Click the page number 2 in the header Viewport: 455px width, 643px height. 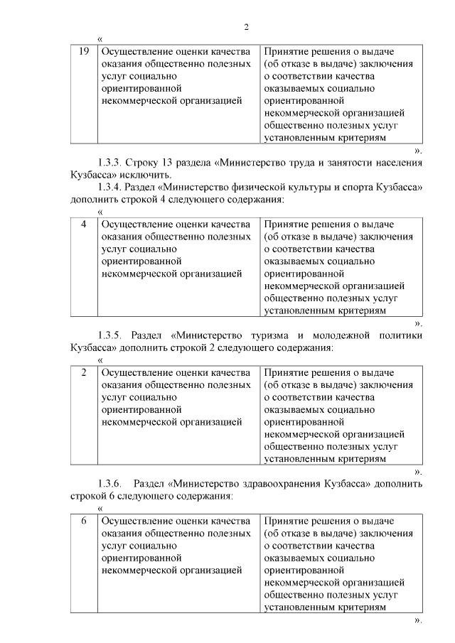point(246,27)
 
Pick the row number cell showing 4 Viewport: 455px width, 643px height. point(84,225)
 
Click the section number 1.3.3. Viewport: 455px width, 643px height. point(112,163)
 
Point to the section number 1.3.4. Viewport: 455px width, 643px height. point(112,187)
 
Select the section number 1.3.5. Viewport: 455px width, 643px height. point(112,335)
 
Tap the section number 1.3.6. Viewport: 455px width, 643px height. point(112,483)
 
